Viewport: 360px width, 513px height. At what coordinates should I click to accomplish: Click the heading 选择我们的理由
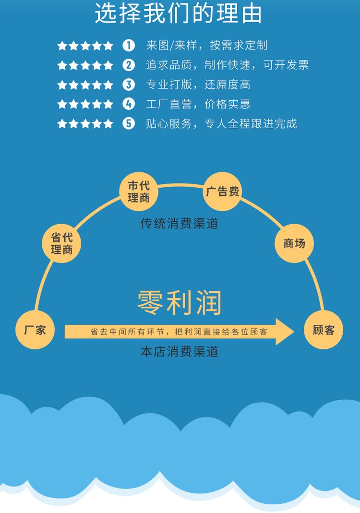(179, 13)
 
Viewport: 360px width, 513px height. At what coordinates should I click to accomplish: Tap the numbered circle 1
(129, 46)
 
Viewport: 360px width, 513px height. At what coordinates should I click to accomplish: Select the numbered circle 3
(129, 85)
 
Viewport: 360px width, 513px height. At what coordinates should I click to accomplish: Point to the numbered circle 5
(129, 124)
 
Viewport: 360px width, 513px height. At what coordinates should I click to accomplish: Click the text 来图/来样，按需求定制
(207, 46)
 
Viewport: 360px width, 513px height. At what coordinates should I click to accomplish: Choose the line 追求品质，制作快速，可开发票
(228, 65)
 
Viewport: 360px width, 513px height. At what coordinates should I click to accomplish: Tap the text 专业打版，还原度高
(198, 85)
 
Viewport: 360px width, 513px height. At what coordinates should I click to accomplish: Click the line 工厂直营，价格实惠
(198, 104)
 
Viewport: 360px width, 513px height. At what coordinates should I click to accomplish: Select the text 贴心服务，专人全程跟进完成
(222, 124)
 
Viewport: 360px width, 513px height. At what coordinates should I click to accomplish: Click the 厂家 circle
(35, 330)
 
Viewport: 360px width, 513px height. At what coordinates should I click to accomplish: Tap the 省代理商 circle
(61, 243)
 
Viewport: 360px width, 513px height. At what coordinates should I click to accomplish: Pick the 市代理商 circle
(139, 192)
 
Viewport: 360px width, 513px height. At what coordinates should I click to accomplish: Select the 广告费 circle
(223, 192)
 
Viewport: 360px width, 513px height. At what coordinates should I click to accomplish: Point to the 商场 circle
(294, 243)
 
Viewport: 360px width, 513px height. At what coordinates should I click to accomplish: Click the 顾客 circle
(324, 330)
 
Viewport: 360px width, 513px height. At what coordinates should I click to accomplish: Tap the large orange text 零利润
(180, 303)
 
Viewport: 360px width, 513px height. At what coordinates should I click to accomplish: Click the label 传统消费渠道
(180, 224)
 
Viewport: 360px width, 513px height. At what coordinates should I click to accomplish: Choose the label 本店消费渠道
(180, 352)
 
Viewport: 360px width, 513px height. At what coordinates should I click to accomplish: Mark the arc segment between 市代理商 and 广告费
(180, 185)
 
